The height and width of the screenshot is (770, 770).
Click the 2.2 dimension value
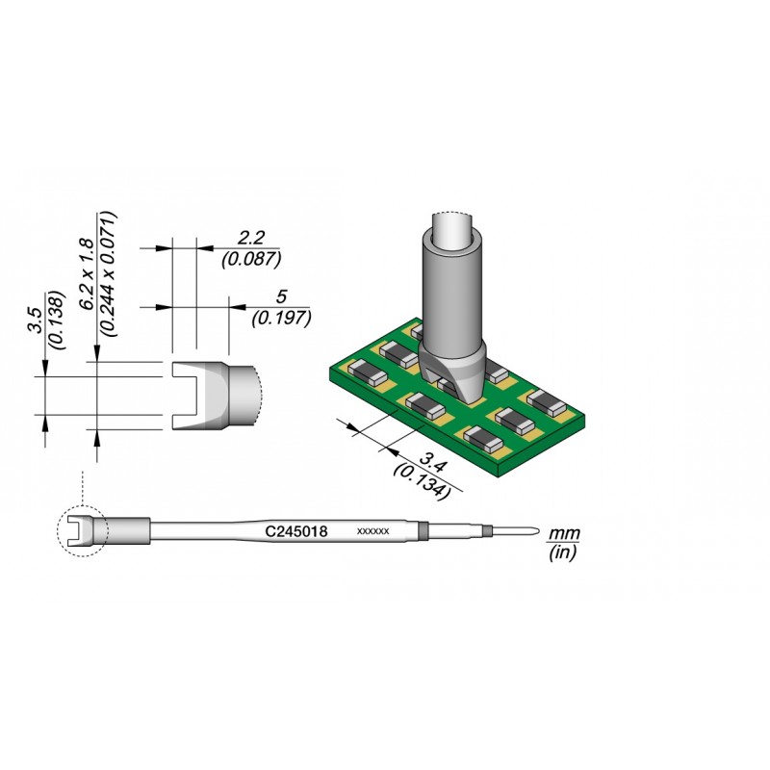pyautogui.click(x=251, y=238)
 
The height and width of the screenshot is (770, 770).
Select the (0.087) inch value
pyautogui.click(x=251, y=259)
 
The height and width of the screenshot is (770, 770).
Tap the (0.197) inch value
pyautogui.click(x=281, y=319)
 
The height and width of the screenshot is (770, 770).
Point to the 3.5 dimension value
pyautogui.click(x=37, y=321)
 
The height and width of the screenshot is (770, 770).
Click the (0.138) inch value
pyautogui.click(x=58, y=321)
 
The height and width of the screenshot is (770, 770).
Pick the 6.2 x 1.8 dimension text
pyautogui.click(x=88, y=273)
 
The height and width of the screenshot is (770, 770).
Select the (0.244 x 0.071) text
pyautogui.click(x=109, y=274)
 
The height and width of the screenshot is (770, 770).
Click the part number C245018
pyautogui.click(x=296, y=531)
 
